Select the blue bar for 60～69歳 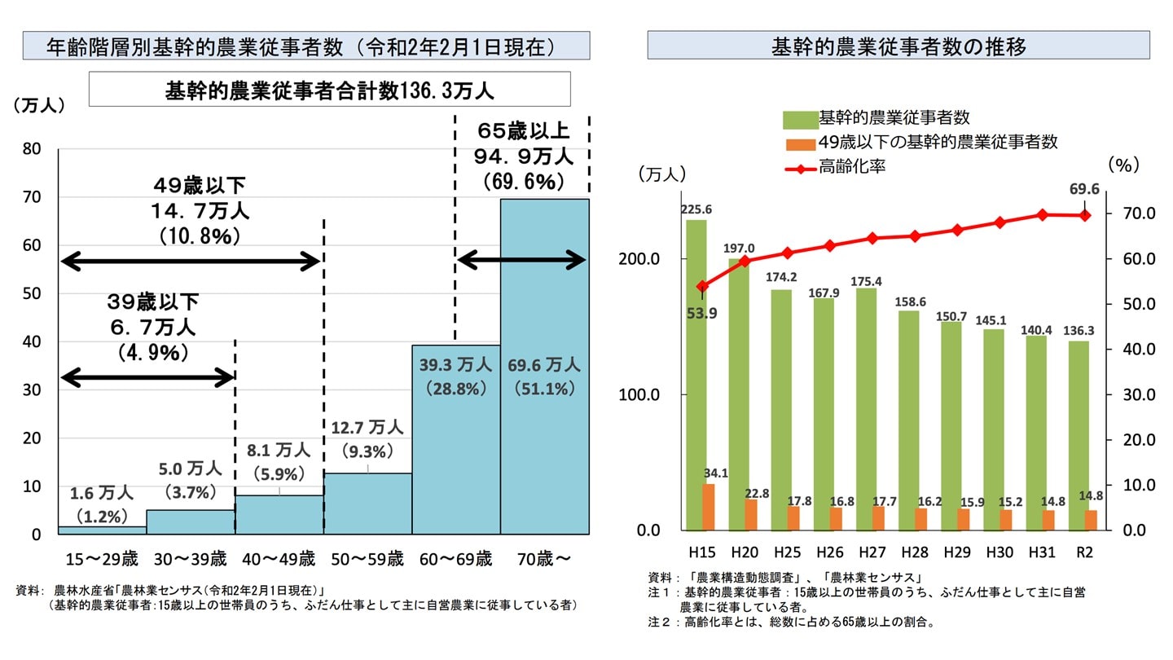(x=456, y=456)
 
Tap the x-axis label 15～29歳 (x=102, y=559)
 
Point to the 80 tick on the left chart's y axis (x=33, y=149)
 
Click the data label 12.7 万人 (x=367, y=427)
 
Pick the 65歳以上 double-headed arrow (x=521, y=261)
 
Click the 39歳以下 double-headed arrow (x=147, y=377)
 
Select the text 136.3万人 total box (x=329, y=89)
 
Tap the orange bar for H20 (x=751, y=513)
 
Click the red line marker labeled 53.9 (x=702, y=286)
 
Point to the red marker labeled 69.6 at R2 (x=1083, y=215)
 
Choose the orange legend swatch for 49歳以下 (x=799, y=143)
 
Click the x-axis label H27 (x=872, y=552)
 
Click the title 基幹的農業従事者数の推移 (x=898, y=46)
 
